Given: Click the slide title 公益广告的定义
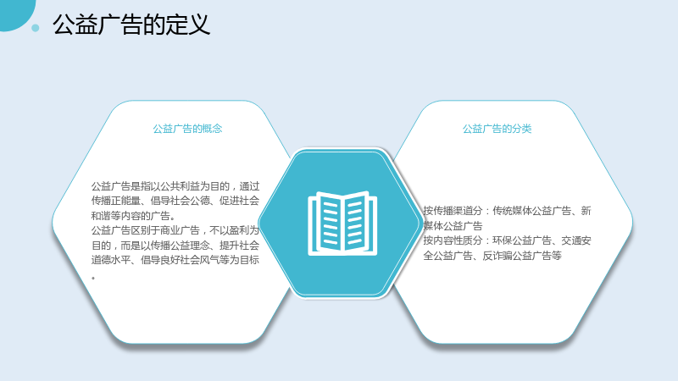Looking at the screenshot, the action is pyautogui.click(x=131, y=25).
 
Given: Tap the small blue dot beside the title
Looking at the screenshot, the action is pyautogui.click(x=36, y=28).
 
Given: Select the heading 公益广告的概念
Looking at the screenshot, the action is pyautogui.click(x=187, y=129).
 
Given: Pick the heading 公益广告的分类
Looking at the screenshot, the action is pyautogui.click(x=497, y=129).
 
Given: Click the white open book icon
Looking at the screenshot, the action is pyautogui.click(x=342, y=224).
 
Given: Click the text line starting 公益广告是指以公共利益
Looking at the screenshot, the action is pyautogui.click(x=175, y=186).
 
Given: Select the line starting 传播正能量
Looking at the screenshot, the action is pyautogui.click(x=175, y=201).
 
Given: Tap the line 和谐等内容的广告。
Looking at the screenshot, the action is pyautogui.click(x=134, y=216).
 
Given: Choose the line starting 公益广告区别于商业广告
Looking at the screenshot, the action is pyautogui.click(x=175, y=230).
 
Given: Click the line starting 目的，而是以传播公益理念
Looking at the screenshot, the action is pyautogui.click(x=175, y=246).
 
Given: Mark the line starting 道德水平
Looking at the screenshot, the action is pyautogui.click(x=175, y=260).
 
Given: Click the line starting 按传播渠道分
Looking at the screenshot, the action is pyautogui.click(x=507, y=211).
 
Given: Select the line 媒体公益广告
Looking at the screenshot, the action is pyautogui.click(x=453, y=226).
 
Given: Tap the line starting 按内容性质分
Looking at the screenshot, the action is pyautogui.click(x=507, y=240).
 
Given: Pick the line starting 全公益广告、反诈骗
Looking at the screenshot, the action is pyautogui.click(x=492, y=256).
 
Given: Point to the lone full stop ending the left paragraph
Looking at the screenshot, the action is pyautogui.click(x=93, y=278).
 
